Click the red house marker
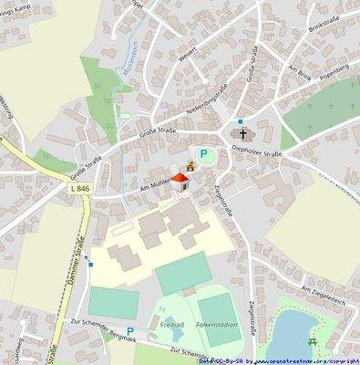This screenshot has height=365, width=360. tap(180, 182)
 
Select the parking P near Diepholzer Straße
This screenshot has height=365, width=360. tap(204, 155)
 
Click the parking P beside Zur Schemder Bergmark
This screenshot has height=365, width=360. tap(129, 332)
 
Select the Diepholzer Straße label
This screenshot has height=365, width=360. tap(257, 152)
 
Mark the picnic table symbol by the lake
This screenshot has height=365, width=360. tap(314, 342)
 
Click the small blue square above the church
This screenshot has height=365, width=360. tap(240, 120)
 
